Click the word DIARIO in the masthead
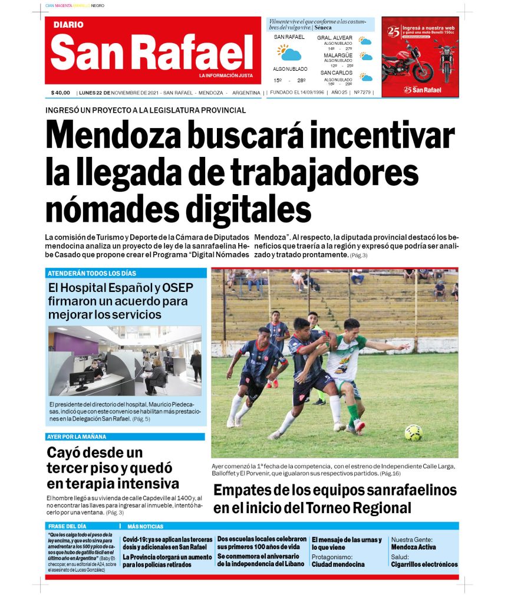coord(68,25)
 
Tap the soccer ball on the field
coord(413,432)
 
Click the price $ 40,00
coord(61,93)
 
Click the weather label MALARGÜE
coord(338,55)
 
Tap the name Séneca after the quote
coord(322,27)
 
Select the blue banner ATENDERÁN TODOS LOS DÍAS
coord(126,273)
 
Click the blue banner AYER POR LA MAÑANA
coord(125,436)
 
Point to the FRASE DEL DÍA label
coord(67,526)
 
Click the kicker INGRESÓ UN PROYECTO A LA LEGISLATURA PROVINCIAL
coord(146,110)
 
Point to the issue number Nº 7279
coord(362,93)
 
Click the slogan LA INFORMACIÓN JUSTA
coord(225,75)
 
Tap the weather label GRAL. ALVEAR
coord(335,38)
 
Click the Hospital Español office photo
coord(125,360)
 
